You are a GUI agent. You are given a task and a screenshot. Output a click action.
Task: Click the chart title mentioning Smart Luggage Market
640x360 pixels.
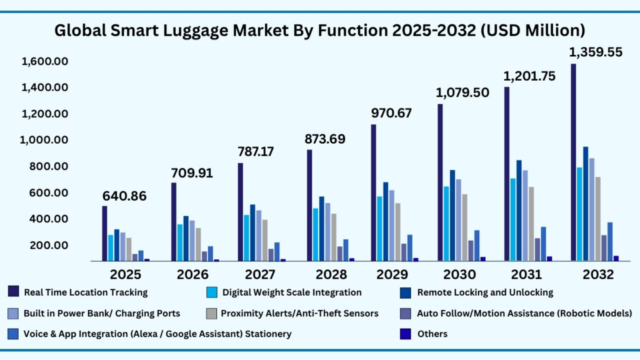tap(319, 29)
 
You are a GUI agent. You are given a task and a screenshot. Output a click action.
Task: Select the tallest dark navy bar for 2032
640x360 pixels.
tap(573, 162)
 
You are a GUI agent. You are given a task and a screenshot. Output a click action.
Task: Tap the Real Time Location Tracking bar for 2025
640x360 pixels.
tap(104, 233)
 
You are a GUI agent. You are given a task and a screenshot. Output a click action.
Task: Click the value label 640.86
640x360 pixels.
tap(125, 196)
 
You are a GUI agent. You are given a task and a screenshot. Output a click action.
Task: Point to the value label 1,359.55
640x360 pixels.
tap(595, 52)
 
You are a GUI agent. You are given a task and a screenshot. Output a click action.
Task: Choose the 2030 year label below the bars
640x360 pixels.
tap(459, 274)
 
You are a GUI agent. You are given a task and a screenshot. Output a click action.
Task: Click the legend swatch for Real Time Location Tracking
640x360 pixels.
tap(13, 292)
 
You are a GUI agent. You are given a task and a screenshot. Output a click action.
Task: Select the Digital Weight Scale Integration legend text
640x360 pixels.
tap(292, 292)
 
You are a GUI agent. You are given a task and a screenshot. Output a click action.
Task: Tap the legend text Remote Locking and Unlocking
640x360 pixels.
tap(485, 292)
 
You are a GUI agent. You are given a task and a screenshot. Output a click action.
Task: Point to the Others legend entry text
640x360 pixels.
tap(432, 334)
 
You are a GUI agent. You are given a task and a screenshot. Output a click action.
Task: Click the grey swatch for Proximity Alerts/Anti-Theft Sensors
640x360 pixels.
tap(211, 313)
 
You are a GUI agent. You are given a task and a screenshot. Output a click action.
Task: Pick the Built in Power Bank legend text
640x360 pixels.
tap(102, 313)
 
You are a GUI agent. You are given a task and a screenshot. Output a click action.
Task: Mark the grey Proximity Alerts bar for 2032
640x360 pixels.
tap(597, 219)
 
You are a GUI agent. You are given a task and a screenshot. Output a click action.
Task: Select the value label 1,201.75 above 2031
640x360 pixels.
tap(529, 76)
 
